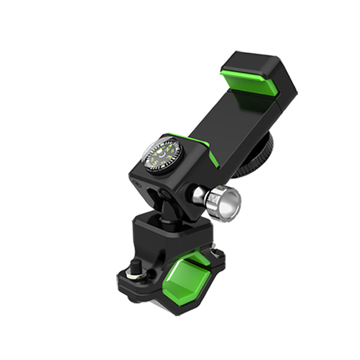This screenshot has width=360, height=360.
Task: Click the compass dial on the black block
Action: click(162, 154)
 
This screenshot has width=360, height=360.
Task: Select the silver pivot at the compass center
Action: click(162, 154)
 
